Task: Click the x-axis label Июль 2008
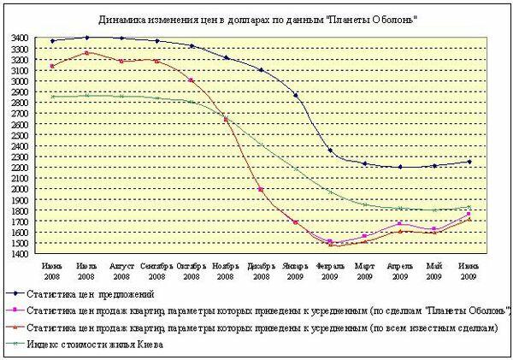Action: [86, 271]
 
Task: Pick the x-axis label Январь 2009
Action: [296, 271]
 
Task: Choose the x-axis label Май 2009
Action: [434, 271]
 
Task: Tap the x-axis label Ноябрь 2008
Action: [226, 271]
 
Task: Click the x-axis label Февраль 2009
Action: [330, 271]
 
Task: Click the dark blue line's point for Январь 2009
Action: [296, 95]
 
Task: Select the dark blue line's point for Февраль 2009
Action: [330, 150]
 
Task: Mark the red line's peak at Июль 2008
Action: [86, 53]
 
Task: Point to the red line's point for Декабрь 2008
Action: [261, 189]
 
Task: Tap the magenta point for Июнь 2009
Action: [469, 214]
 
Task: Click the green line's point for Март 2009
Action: [365, 204]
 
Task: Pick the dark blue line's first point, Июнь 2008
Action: [52, 41]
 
